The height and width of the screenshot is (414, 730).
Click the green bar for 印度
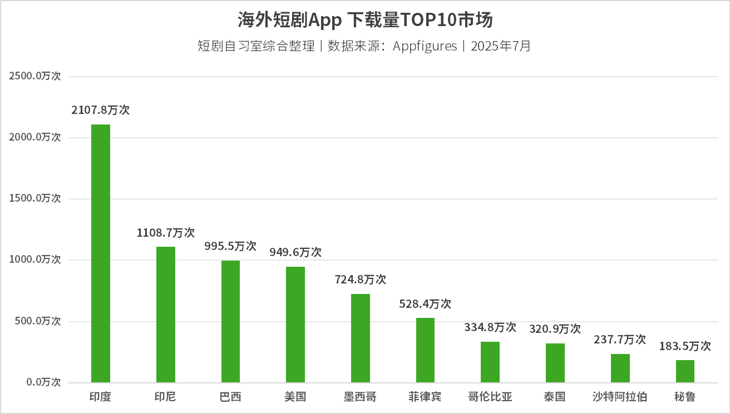tap(101, 253)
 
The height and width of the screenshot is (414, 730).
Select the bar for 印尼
tap(166, 315)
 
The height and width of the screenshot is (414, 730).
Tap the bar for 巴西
tap(230, 322)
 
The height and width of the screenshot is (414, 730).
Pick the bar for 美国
tap(295, 325)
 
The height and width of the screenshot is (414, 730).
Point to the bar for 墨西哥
tap(361, 338)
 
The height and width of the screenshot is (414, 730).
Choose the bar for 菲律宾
tap(426, 350)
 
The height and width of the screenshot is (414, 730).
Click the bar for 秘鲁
tap(685, 371)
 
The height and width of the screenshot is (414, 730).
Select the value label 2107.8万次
tap(101, 110)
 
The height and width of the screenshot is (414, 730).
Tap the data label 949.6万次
tap(295, 252)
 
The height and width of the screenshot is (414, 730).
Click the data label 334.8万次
tap(490, 327)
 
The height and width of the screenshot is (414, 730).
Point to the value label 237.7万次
tap(620, 339)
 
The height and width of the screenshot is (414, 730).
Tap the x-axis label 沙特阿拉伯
tap(620, 397)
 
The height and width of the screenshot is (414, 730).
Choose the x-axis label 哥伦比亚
tap(490, 397)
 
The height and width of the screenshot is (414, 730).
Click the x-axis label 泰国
tap(555, 397)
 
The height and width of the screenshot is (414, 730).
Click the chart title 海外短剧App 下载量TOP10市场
tap(365, 21)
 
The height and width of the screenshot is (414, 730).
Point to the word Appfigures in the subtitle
tap(425, 46)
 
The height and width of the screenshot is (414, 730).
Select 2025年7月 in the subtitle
tap(501, 46)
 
